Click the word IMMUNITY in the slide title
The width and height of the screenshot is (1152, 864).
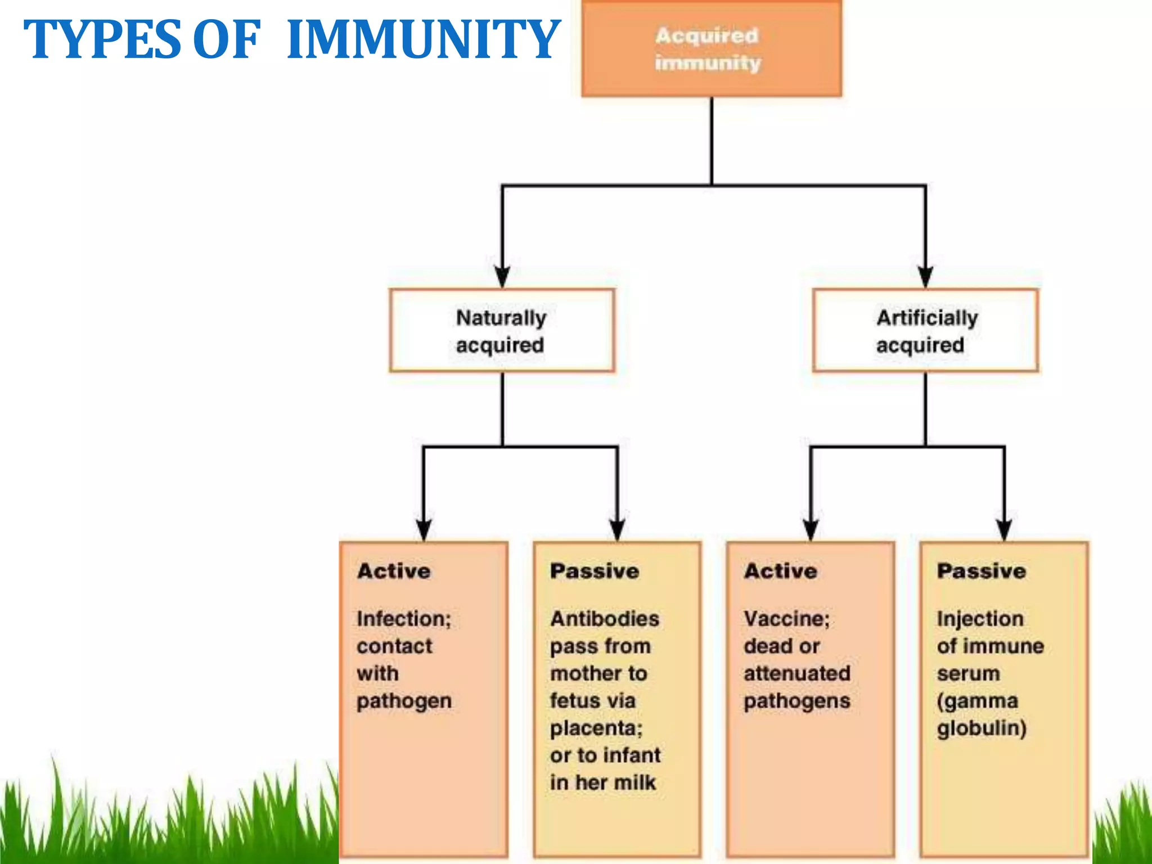click(423, 39)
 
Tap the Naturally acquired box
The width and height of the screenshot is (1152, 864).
click(502, 331)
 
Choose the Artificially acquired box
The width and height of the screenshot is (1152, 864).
click(925, 331)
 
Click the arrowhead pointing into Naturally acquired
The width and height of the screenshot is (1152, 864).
click(502, 277)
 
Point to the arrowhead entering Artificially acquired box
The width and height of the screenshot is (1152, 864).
click(925, 277)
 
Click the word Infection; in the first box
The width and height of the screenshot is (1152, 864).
click(404, 619)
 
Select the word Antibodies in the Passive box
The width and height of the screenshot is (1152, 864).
click(605, 619)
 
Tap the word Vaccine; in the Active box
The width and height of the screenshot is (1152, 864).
click(786, 619)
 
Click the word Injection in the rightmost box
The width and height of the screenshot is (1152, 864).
click(980, 619)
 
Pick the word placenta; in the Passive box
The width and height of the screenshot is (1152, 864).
click(596, 728)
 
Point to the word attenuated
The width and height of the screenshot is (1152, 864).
click(797, 673)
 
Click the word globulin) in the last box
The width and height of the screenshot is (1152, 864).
click(982, 728)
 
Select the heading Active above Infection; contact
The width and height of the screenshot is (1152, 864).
click(394, 571)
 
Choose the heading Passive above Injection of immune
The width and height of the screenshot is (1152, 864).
click(982, 571)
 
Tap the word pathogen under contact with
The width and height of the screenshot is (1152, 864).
click(404, 701)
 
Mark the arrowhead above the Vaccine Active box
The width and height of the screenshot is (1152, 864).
click(811, 529)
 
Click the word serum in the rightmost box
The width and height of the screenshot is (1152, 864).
click(968, 673)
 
